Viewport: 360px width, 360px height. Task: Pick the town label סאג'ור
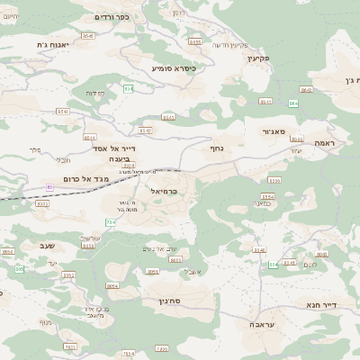tap(274, 132)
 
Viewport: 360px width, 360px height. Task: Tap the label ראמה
tap(324, 143)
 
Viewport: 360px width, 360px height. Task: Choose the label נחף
tap(217, 148)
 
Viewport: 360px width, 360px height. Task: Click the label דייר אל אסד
tap(114, 148)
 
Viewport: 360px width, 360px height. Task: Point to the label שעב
tap(48, 246)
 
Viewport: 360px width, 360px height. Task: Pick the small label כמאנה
tap(262, 204)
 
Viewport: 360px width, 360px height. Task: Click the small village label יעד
tap(53, 263)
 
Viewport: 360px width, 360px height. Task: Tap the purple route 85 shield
tap(50, 187)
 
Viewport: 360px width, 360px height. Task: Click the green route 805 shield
tap(273, 265)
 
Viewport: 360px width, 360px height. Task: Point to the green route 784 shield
tap(110, 221)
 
